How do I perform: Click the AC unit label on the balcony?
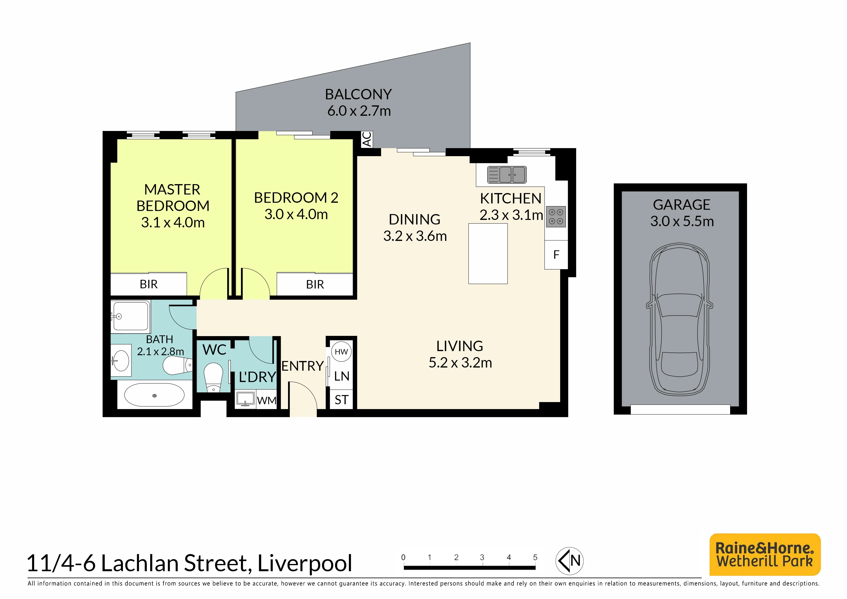367,139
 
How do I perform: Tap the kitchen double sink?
507,174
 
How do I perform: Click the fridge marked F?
556,255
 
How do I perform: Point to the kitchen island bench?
488,253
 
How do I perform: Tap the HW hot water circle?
341,352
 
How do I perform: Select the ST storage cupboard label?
341,400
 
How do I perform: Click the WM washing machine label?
266,400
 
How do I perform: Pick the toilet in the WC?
213,377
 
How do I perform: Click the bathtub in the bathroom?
154,395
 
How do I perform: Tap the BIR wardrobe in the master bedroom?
149,284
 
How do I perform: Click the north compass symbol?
569,561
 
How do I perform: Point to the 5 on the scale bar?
535,557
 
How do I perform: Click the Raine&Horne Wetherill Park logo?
765,554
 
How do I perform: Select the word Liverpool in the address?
305,563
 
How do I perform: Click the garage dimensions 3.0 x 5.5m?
682,221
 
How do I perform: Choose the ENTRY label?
303,366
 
